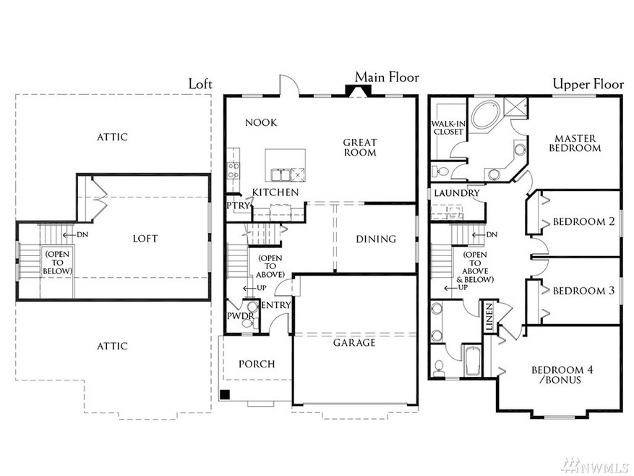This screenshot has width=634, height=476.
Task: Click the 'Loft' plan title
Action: (200, 84)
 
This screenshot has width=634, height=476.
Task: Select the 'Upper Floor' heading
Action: (588, 84)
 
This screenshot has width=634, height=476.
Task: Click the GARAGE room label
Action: (354, 342)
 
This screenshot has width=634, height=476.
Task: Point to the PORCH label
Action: (257, 363)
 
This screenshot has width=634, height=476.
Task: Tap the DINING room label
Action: (376, 239)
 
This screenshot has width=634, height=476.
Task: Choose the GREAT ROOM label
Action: (359, 148)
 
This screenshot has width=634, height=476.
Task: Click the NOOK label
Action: (261, 122)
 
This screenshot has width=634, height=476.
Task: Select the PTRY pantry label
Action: (238, 205)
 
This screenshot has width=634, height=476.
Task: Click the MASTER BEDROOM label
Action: (576, 143)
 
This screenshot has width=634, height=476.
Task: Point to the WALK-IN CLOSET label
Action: (448, 128)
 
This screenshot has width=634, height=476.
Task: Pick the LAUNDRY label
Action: (456, 193)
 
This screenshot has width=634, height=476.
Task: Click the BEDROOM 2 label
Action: (583, 221)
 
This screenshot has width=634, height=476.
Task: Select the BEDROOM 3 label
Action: (583, 291)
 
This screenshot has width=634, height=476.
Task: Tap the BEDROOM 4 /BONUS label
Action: (562, 375)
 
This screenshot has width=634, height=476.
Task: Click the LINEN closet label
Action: (489, 315)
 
